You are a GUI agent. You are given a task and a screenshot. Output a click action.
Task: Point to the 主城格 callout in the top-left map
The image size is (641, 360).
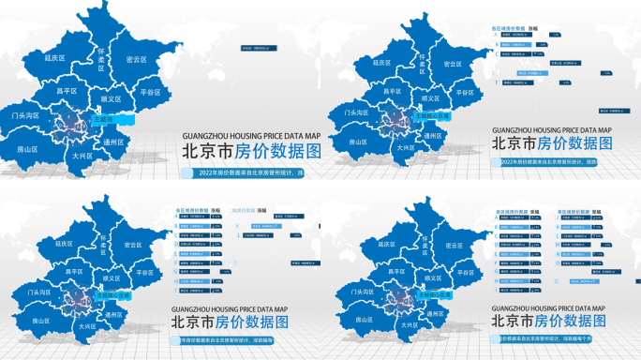(x=103, y=120)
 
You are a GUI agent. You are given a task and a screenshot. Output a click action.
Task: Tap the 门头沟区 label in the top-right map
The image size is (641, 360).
(x=355, y=112)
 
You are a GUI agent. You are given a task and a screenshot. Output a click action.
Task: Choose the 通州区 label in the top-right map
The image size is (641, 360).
(x=432, y=135)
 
